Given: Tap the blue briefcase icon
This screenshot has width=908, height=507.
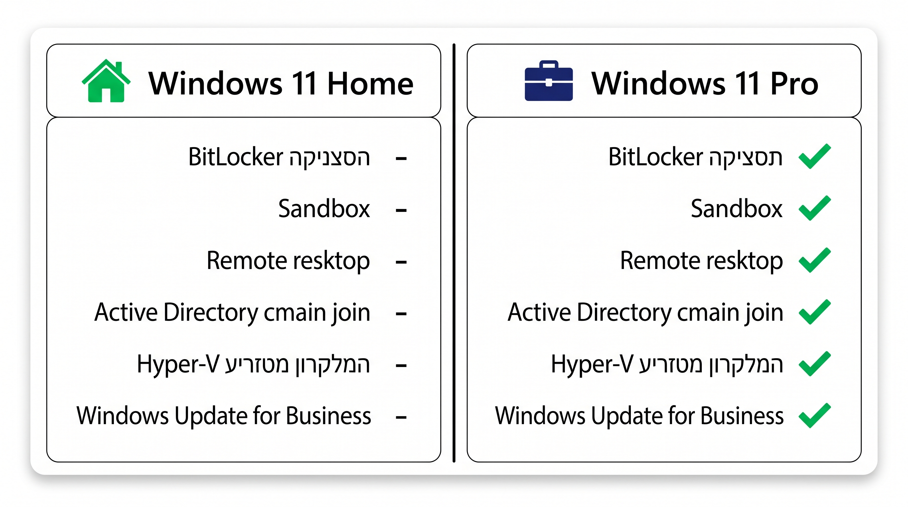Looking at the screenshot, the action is [x=548, y=81].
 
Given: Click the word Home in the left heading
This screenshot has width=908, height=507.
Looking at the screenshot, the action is [x=370, y=84].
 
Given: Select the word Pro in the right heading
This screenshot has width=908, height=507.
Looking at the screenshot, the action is [x=794, y=84].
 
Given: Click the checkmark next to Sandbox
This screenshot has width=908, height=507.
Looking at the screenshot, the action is [x=815, y=208].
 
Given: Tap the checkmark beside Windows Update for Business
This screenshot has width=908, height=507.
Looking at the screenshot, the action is [x=815, y=415].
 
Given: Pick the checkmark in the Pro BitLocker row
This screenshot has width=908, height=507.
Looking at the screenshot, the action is [x=815, y=156].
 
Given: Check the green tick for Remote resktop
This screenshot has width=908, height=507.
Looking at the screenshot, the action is [x=815, y=260].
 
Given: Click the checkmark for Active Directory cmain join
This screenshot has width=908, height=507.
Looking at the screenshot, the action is [x=815, y=312].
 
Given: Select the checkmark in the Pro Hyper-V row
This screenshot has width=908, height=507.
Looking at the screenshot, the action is [x=815, y=363].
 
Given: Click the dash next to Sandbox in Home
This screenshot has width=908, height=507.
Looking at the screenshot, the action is [x=401, y=211].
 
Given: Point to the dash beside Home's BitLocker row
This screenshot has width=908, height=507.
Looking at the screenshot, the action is [x=401, y=159].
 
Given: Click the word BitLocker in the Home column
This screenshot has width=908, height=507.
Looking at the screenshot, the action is [x=236, y=156].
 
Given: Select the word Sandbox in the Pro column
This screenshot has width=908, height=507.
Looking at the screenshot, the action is [x=736, y=208].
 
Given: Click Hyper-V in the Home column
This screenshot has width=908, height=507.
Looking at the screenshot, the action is [x=178, y=364].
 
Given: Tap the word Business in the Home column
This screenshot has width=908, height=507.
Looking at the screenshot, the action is [x=329, y=416].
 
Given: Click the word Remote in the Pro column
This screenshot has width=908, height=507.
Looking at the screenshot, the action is [x=660, y=260].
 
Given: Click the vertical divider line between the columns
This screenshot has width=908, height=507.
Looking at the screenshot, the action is [x=454, y=253].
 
